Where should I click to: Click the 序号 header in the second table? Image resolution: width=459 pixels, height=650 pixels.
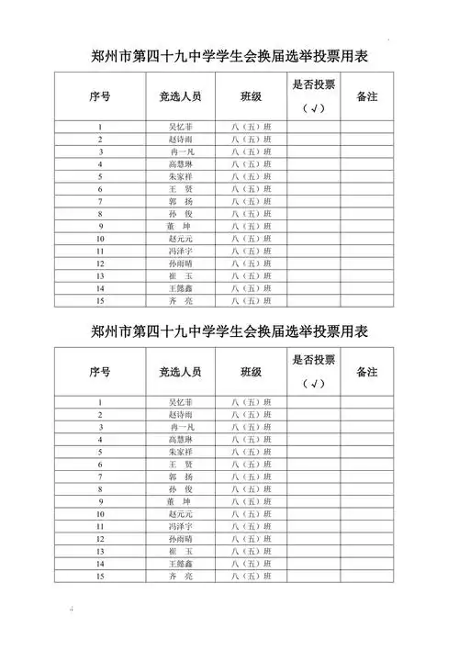[x=100, y=372]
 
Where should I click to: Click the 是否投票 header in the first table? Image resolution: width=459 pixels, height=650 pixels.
[x=313, y=84]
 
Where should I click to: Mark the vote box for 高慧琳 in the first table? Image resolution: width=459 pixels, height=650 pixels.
[x=313, y=163]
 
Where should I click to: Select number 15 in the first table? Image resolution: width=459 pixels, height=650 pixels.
[x=100, y=300]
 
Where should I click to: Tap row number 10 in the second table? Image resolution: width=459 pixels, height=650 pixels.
[x=100, y=513]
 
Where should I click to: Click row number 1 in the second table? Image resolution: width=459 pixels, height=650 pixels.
[x=100, y=402]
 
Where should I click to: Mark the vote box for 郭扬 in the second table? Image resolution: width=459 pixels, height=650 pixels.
[x=313, y=476]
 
